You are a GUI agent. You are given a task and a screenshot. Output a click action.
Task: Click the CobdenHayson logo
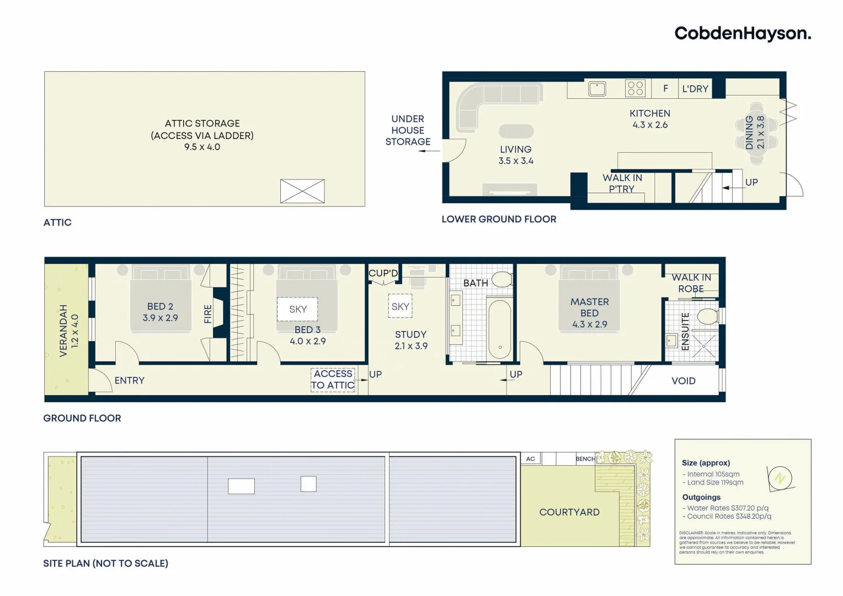tap(743, 34)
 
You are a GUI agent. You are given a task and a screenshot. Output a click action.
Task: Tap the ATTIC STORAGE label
tap(202, 124)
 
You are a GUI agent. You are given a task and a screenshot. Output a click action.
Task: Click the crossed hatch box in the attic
tap(302, 191)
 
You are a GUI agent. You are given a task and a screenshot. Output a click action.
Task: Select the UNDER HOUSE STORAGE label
tap(408, 130)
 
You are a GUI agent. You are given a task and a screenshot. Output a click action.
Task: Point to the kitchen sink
tap(596, 88)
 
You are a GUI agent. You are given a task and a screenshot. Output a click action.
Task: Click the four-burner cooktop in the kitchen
tap(635, 88)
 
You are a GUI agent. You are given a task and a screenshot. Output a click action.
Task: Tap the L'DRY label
tap(695, 89)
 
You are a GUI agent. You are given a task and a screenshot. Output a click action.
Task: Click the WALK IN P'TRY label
tap(622, 183)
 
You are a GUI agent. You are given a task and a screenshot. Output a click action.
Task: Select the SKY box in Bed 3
tap(298, 310)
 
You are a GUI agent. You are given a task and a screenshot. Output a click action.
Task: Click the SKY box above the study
tap(400, 307)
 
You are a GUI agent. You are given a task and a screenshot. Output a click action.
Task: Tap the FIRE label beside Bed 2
tap(208, 313)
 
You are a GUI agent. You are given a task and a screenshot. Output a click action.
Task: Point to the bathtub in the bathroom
tap(500, 329)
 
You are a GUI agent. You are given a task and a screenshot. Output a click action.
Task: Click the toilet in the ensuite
tap(707, 317)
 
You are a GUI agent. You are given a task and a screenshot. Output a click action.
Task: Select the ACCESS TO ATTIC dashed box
tap(333, 380)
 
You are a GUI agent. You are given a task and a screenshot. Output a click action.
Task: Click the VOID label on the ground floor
tap(683, 381)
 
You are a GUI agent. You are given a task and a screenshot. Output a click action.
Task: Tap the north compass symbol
tap(780, 478)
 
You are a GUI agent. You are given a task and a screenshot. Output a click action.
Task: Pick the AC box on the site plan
tap(531, 459)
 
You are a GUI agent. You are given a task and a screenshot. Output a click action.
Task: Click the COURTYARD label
tap(569, 512)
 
